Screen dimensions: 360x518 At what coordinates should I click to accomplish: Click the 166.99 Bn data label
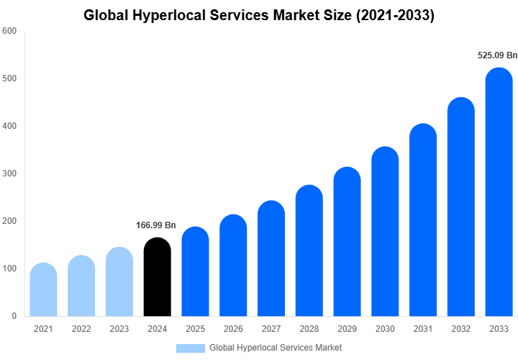coord(156,225)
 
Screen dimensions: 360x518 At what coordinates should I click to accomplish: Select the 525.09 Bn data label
coord(498,55)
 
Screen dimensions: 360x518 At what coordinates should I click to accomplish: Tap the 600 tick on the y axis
coord(9,31)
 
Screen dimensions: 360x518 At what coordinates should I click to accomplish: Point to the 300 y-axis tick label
coord(9,174)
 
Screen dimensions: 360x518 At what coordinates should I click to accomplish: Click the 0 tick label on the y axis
coord(14,316)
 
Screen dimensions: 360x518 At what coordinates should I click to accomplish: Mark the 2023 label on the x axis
coord(119,329)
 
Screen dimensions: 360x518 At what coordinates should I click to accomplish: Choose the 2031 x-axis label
coord(423,329)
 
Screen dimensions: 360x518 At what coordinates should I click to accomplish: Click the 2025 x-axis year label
coord(195,329)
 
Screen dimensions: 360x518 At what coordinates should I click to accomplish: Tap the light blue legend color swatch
coord(190,348)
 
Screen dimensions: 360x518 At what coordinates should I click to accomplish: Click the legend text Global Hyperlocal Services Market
coord(276,348)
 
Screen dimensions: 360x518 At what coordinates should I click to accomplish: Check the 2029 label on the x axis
coord(347,329)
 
